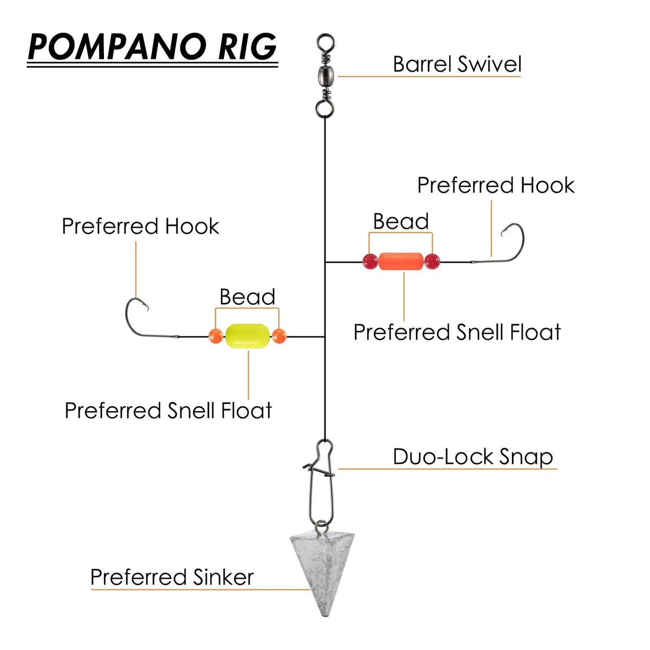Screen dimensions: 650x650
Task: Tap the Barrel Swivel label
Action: coord(457,64)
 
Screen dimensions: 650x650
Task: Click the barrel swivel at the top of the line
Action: coord(325,75)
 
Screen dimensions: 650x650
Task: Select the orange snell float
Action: coord(401,262)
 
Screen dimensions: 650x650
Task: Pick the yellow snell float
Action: coord(247,336)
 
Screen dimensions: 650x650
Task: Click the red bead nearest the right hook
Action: coord(432,262)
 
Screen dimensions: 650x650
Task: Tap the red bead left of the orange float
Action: coord(370,262)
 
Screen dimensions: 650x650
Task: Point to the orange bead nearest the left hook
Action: coord(216,336)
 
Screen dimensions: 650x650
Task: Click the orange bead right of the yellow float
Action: coord(279,336)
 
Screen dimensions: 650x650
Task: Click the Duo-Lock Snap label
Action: coord(472,457)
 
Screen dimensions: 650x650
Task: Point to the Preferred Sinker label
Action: coord(172,577)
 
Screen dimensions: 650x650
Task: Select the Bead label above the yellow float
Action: coord(247,297)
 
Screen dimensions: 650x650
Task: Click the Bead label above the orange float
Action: coord(401,222)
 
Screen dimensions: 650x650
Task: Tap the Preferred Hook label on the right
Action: coord(495,185)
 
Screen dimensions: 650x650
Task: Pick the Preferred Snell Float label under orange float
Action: coord(457,332)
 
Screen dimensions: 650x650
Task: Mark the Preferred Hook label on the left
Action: coord(140,226)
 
